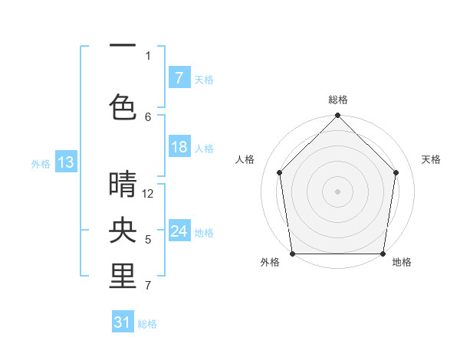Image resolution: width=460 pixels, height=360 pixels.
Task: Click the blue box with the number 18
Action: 179,147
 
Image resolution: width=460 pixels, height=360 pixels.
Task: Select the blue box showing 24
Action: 179,231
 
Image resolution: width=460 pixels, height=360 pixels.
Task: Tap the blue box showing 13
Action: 65,162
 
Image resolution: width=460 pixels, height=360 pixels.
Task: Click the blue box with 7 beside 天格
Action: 179,78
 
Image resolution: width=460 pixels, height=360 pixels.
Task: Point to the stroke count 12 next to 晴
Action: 148,194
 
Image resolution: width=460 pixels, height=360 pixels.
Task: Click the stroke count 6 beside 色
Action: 148,116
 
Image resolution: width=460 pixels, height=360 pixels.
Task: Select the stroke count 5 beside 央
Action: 148,240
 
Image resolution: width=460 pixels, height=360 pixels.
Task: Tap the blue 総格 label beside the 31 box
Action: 147,324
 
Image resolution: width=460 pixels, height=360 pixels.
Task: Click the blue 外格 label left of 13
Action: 41,163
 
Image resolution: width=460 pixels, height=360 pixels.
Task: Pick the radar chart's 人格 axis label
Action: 245,159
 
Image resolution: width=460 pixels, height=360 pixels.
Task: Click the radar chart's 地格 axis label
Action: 402,262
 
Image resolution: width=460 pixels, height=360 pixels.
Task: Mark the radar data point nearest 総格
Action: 337,116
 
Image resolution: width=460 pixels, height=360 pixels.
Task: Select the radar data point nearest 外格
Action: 292,253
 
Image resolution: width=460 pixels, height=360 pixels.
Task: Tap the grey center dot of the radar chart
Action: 337,191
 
